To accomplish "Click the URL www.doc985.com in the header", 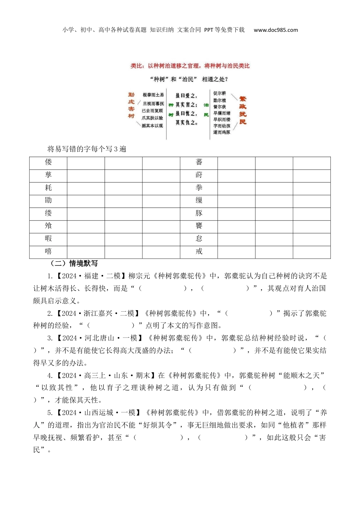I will [275, 30].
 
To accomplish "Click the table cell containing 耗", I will [48, 188].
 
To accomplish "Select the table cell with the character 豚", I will [199, 213].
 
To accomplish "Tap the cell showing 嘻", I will [48, 251].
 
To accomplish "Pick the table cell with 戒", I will [199, 251].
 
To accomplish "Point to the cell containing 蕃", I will [199, 162].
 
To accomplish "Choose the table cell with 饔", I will [199, 226].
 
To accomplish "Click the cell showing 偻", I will [48, 162].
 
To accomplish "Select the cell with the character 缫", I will [199, 201].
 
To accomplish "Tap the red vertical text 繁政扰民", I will [243, 110].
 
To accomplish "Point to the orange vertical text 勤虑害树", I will [131, 105].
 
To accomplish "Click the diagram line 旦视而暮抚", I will [153, 103].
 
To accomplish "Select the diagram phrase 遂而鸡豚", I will [222, 132].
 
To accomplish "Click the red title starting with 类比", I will [190, 66].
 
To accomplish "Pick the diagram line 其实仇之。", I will [186, 123].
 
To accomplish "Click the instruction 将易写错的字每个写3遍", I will [87, 149].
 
